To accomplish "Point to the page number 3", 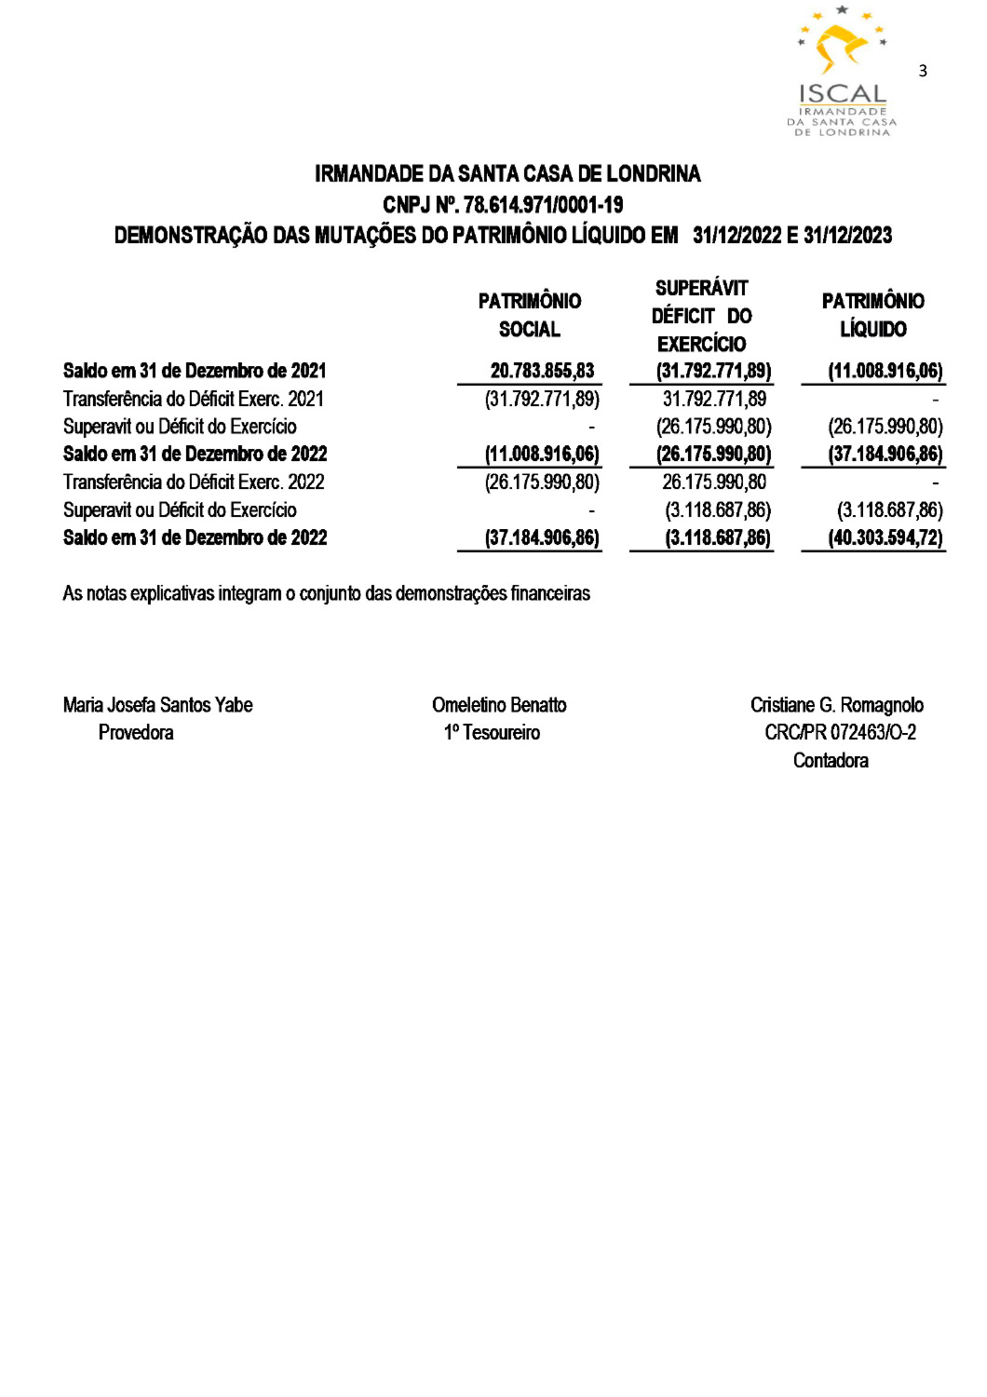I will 923,71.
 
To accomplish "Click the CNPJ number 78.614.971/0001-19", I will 543,205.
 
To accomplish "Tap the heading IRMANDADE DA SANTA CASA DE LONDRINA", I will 507,174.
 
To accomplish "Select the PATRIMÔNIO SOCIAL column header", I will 529,315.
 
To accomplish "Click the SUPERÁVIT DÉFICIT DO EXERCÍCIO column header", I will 701,316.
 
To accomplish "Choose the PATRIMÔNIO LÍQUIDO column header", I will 872,315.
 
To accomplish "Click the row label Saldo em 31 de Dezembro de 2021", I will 195,371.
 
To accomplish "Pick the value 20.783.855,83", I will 542,371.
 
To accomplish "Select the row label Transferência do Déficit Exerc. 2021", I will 194,399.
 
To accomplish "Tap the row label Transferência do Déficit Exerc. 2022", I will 194,481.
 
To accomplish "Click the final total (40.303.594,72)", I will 885,537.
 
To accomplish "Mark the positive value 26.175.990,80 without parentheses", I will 714,481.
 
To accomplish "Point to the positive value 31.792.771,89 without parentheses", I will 714,399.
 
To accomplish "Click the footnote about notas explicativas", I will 326,593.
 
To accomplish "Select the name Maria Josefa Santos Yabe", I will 158,705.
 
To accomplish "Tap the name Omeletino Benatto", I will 499,705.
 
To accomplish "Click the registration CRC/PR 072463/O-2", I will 840,733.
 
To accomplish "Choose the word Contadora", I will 831,761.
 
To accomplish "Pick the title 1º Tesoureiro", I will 492,733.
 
